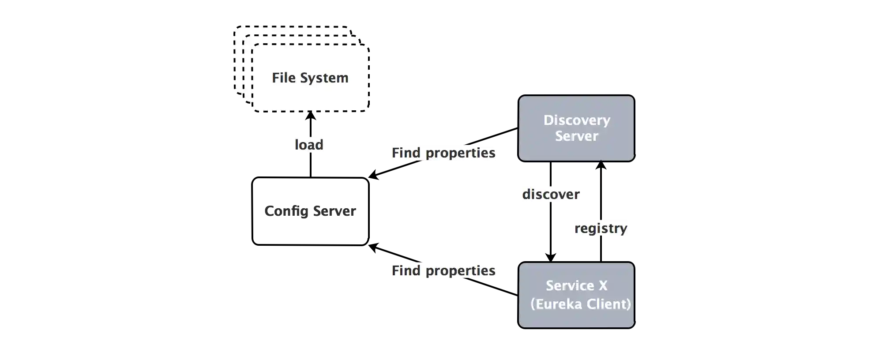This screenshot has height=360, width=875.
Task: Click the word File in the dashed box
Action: point(283,78)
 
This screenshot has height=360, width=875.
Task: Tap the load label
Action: point(309,145)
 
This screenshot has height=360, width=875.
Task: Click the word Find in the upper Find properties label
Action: point(406,153)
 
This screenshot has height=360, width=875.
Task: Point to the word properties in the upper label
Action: point(460,153)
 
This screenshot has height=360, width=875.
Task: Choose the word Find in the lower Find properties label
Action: point(406,270)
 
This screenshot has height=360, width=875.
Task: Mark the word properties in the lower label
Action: point(460,271)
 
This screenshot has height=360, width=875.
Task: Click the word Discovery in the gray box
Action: point(577,120)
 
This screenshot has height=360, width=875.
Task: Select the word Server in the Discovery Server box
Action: point(576,136)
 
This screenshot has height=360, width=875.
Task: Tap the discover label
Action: point(551,194)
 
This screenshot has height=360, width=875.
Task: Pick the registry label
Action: point(601,228)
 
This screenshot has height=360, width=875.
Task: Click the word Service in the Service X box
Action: point(570,285)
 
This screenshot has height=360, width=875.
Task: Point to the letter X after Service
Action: point(603,285)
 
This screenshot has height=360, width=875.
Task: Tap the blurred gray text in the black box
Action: point(310,212)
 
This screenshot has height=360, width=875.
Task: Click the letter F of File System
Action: point(275,78)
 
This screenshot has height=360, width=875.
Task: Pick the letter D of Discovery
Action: point(548,120)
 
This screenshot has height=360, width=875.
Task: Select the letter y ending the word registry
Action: point(623,229)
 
